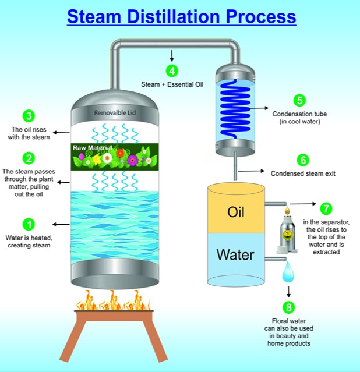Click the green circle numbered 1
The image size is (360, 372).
pos(29,225)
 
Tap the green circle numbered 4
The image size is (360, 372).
pos(172,70)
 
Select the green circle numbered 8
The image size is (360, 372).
pos(288,307)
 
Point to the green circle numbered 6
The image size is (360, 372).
pos(303,160)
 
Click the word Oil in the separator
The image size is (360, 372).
pos(235,212)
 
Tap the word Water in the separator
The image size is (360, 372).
pos(235,255)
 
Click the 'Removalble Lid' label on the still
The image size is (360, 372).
pos(115,113)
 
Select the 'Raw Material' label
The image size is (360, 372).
pos(93,148)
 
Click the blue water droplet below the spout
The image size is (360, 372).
pos(288,271)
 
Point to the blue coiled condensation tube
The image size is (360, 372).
pos(234,109)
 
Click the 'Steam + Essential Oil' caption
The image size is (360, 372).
pos(172,84)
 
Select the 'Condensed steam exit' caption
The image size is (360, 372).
pos(303,173)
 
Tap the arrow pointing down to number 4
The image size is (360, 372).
pos(172,56)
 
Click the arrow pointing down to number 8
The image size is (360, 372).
pos(288,292)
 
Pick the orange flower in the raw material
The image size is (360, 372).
pos(120,153)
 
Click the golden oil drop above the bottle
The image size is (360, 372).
pos(287,210)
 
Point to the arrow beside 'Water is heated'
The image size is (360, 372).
pos(61,225)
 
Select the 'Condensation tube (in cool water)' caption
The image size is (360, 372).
pos(299,118)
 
